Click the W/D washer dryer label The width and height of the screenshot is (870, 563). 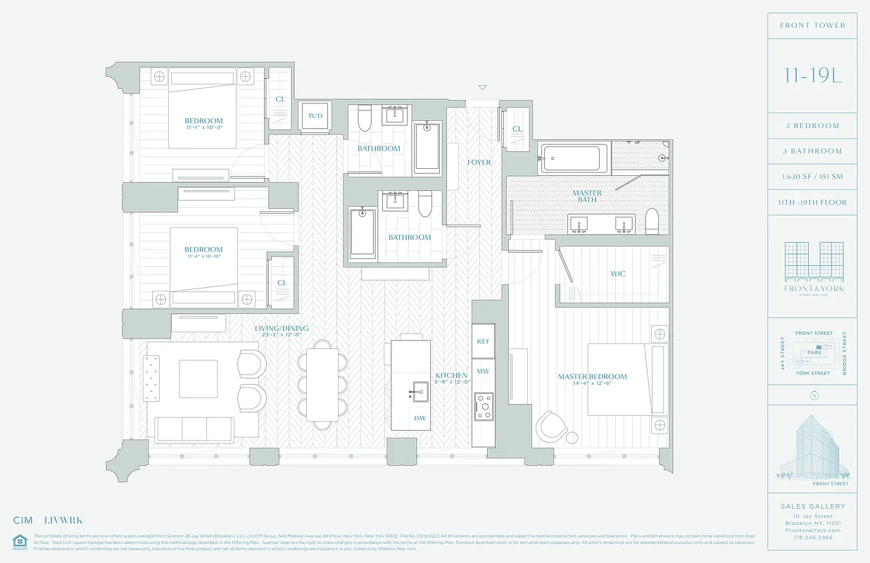[x=315, y=116]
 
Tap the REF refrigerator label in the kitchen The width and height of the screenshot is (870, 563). [x=483, y=341]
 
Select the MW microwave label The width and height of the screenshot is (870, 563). [x=483, y=371]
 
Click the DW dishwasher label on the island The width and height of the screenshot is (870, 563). [x=420, y=418]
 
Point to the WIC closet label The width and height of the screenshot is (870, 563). [x=617, y=274]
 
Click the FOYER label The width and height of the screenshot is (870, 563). [x=479, y=163]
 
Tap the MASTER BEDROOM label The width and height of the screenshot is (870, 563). [x=592, y=377]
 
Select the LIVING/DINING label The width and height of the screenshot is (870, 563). [x=282, y=329]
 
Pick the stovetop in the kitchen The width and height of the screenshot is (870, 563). [x=483, y=406]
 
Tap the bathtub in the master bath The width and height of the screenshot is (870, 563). [x=573, y=158]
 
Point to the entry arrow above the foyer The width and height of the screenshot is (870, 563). [x=482, y=88]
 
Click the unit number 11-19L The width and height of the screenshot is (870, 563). [x=813, y=76]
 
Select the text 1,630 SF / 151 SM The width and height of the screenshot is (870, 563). [x=813, y=177]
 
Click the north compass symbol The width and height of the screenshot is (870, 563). [x=814, y=396]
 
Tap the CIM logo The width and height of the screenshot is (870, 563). [x=23, y=521]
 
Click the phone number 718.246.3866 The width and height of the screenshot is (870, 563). [x=813, y=537]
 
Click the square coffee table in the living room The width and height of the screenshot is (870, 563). [x=198, y=379]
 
